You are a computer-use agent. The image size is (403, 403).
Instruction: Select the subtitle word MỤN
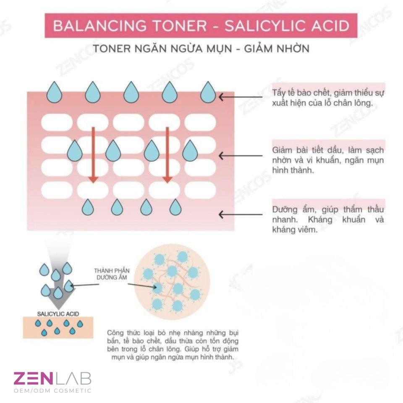click(x=219, y=49)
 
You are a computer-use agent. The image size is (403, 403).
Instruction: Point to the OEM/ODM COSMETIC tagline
click(x=52, y=391)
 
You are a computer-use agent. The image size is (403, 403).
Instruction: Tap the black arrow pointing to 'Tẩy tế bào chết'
click(x=241, y=97)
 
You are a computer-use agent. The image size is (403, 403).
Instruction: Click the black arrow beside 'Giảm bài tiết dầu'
click(x=241, y=156)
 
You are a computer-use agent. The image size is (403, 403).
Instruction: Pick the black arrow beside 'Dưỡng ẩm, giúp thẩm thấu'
click(x=241, y=215)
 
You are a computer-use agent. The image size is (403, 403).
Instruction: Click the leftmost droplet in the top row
click(x=54, y=92)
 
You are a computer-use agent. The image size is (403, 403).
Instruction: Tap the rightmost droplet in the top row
click(x=208, y=92)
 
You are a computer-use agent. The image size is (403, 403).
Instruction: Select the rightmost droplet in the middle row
click(x=190, y=151)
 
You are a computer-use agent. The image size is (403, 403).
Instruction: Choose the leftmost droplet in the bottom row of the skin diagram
click(x=88, y=207)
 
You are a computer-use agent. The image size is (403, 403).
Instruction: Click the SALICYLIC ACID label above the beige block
click(x=58, y=314)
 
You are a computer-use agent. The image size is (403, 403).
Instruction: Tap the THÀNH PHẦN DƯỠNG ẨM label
click(x=112, y=274)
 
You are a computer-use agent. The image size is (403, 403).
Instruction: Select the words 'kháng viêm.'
click(x=295, y=230)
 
